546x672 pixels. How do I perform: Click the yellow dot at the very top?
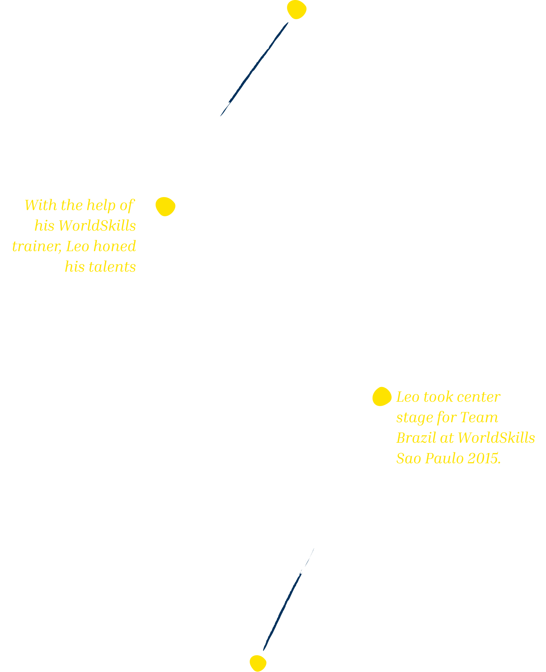(297, 10)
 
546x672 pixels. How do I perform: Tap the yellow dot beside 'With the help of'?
(166, 207)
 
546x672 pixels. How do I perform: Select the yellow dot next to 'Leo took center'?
(382, 397)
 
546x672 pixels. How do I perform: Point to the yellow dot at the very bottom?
(258, 663)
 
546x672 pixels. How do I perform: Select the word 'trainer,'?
(37, 246)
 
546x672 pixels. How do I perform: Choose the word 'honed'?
(115, 246)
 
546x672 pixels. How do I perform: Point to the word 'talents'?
(112, 267)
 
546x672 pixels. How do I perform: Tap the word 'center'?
(479, 397)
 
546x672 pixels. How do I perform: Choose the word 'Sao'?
(408, 458)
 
